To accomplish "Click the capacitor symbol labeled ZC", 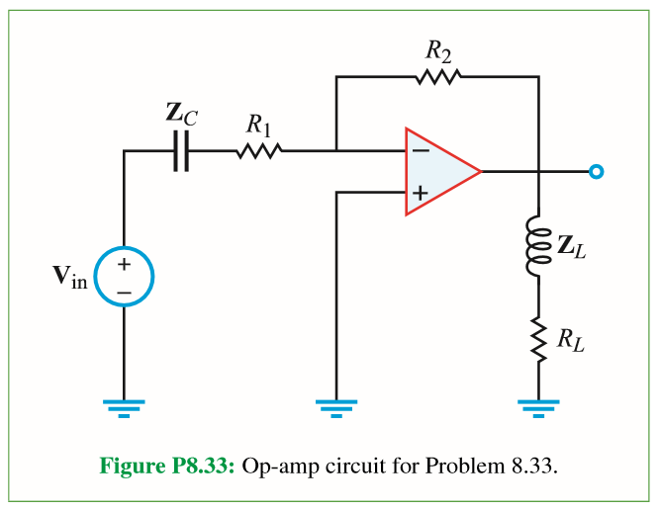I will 180,151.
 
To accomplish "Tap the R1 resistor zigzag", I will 259,151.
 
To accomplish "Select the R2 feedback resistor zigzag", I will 437,76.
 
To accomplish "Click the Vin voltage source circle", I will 124,278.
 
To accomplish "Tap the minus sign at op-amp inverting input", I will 420,151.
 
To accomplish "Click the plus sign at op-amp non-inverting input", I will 420,194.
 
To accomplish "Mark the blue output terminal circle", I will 596,172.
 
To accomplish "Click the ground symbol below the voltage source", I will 124,406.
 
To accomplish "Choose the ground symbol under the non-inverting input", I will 336,406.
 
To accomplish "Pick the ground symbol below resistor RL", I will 539,406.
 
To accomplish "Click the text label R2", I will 437,48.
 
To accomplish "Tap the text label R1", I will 259,125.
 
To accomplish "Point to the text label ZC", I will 181,115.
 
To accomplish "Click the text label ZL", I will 571,248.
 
